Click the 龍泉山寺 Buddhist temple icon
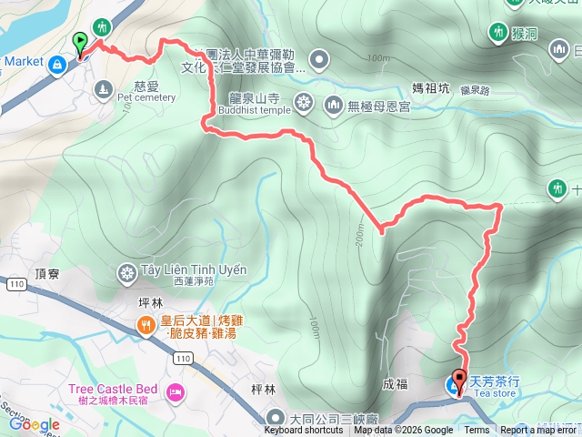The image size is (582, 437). pyautogui.click(x=304, y=101)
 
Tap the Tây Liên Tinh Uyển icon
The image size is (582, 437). pyautogui.click(x=127, y=270)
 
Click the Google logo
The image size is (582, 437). pyautogui.click(x=34, y=424)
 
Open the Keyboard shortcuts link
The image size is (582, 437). pyautogui.click(x=304, y=431)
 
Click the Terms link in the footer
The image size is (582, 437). pyautogui.click(x=477, y=431)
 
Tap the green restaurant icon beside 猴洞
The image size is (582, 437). pyautogui.click(x=497, y=32)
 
